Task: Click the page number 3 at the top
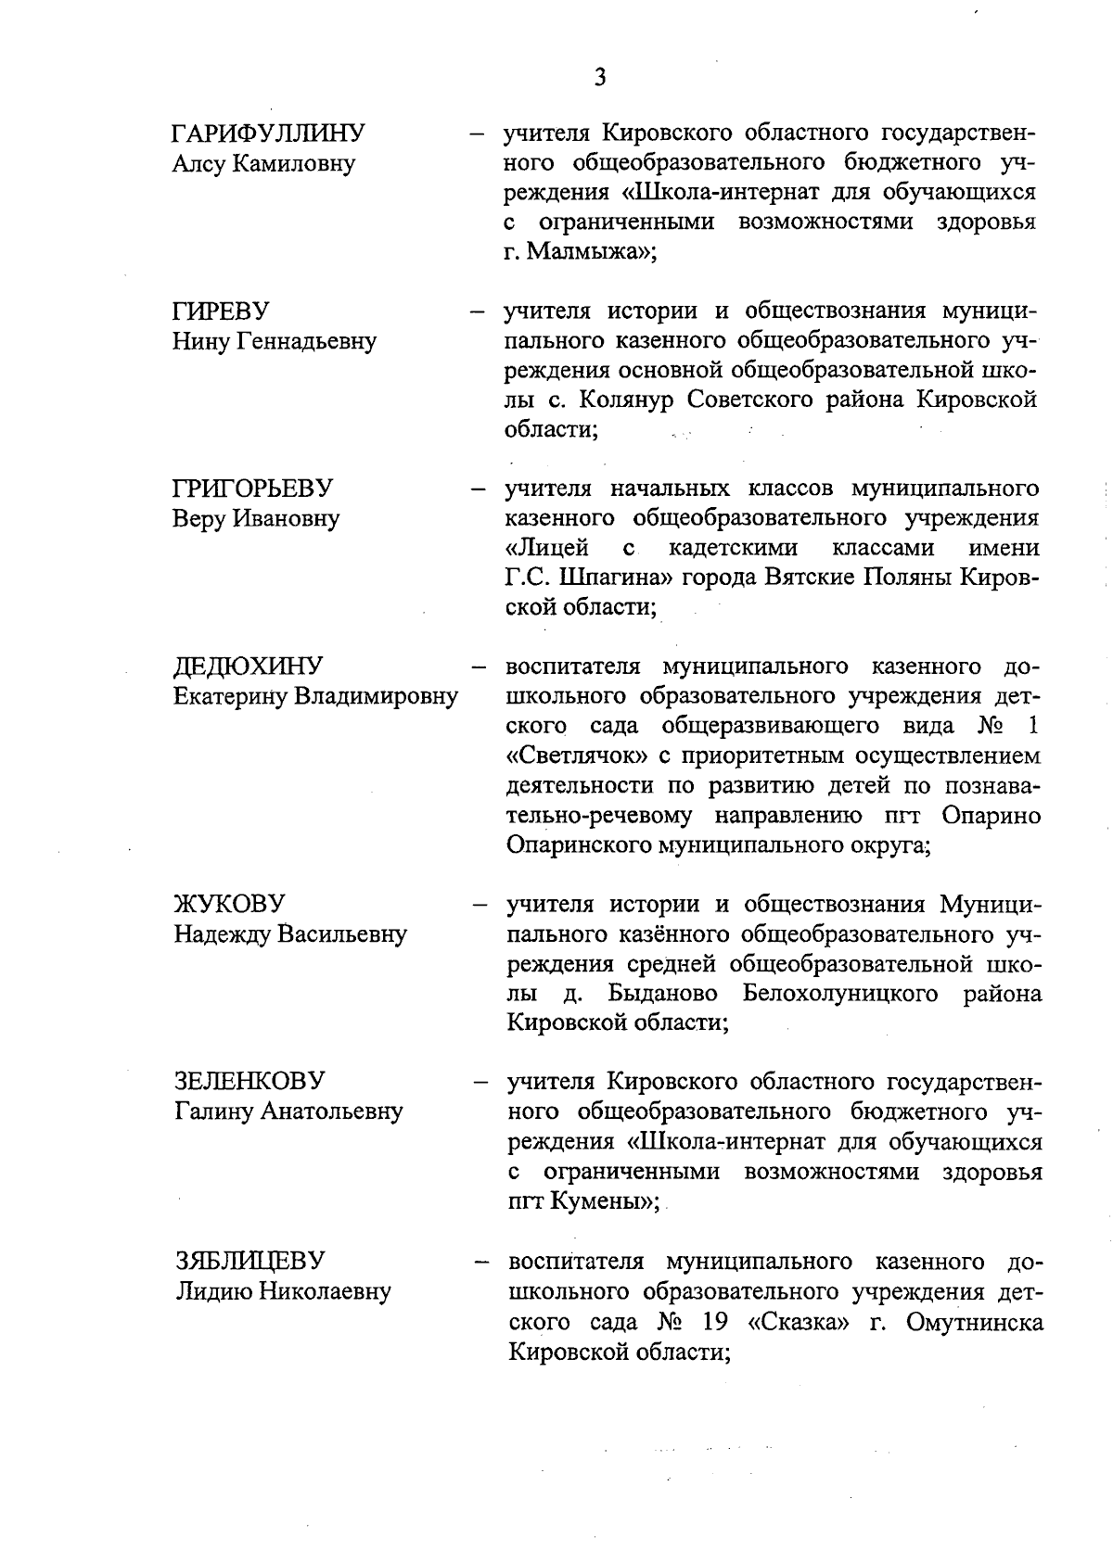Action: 600,77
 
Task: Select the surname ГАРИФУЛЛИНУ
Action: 269,133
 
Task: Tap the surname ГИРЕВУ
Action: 221,311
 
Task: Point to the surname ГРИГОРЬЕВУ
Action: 253,489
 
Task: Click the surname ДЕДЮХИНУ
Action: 249,667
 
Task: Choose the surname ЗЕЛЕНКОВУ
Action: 249,1081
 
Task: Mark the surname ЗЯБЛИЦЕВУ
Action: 249,1261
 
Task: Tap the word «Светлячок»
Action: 577,756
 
